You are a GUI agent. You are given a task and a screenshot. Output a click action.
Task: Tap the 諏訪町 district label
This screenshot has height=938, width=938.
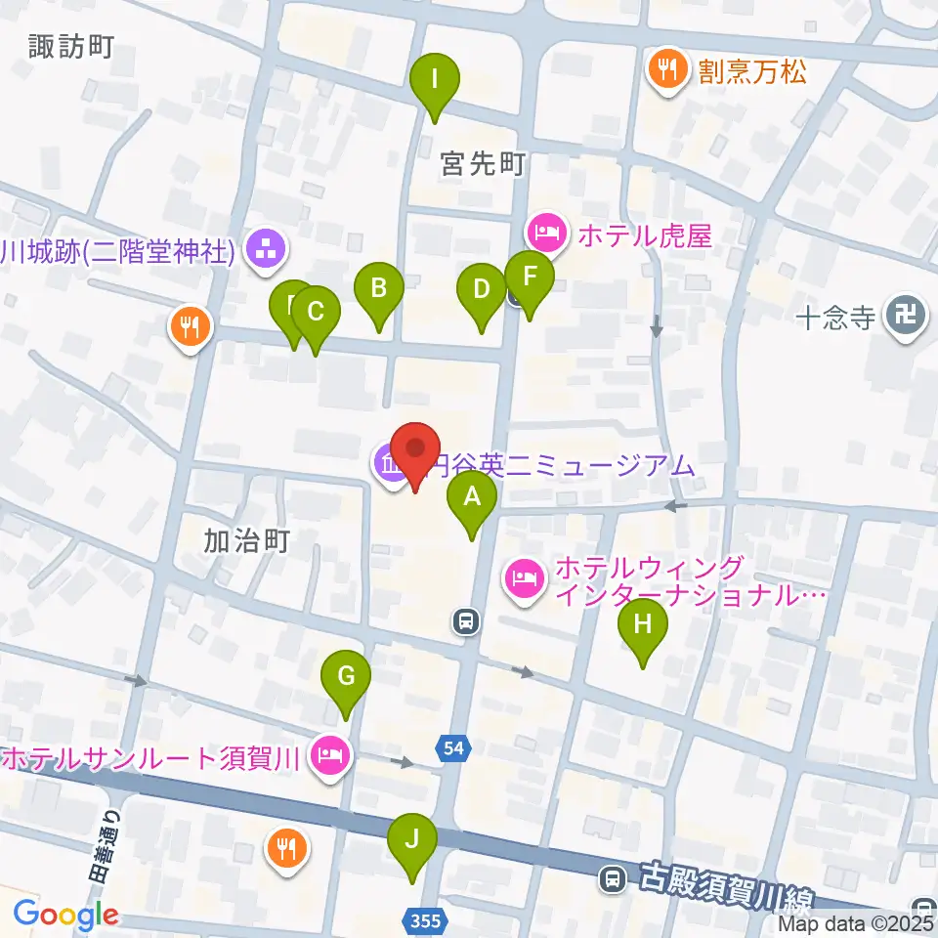(x=71, y=46)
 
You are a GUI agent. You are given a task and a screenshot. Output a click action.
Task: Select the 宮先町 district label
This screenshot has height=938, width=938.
(x=483, y=164)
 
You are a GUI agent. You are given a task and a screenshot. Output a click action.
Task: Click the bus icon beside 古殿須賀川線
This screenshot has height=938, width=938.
(x=613, y=879)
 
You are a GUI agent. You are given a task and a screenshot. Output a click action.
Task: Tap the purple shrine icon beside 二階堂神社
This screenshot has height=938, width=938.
(x=266, y=251)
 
